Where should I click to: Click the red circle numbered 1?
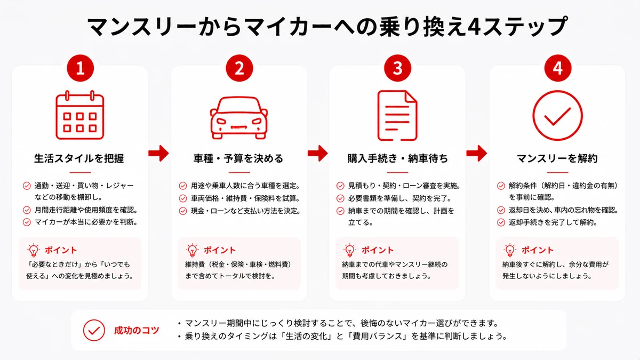point(81,68)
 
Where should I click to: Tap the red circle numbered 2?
point(239,68)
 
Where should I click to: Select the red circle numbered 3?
point(397,68)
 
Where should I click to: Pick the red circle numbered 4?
point(558,68)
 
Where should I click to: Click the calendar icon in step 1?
point(80,115)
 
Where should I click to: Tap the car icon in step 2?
point(239,118)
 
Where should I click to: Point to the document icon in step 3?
point(397,115)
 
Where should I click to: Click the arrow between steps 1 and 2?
point(158,153)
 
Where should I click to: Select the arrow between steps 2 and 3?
point(318,153)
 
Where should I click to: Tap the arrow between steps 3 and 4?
point(477,153)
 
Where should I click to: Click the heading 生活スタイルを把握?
point(79,158)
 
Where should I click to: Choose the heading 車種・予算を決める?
point(238,158)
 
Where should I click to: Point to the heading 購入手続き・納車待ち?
point(397,158)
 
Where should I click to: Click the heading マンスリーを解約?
point(557,158)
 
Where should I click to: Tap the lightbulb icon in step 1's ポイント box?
point(34,250)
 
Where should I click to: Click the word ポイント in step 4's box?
point(538,250)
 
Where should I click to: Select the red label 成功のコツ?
point(137,330)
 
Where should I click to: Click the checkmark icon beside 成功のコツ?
point(94,330)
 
